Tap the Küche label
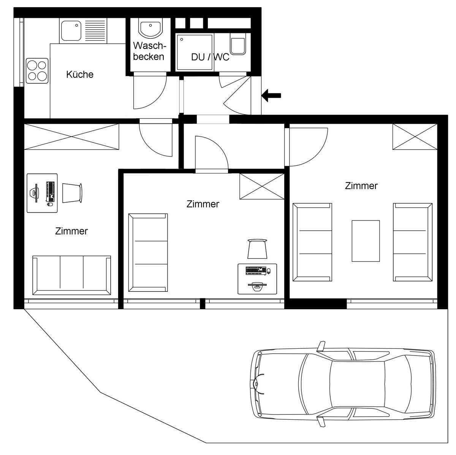pyautogui.click(x=80, y=74)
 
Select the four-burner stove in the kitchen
pyautogui.click(x=37, y=71)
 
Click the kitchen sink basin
pyautogui.click(x=71, y=31)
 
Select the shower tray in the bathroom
pyautogui.click(x=195, y=52)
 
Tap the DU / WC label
pyautogui.click(x=210, y=57)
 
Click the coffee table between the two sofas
pyautogui.click(x=366, y=241)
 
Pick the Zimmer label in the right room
pyautogui.click(x=361, y=186)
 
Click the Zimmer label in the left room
pyautogui.click(x=71, y=231)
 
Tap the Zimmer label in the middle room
pyautogui.click(x=203, y=204)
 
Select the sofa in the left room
pyautogui.click(x=72, y=275)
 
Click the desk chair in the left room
pyautogui.click(x=72, y=192)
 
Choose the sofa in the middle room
pyautogui.click(x=148, y=252)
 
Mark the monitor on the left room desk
pyautogui.click(x=35, y=192)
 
